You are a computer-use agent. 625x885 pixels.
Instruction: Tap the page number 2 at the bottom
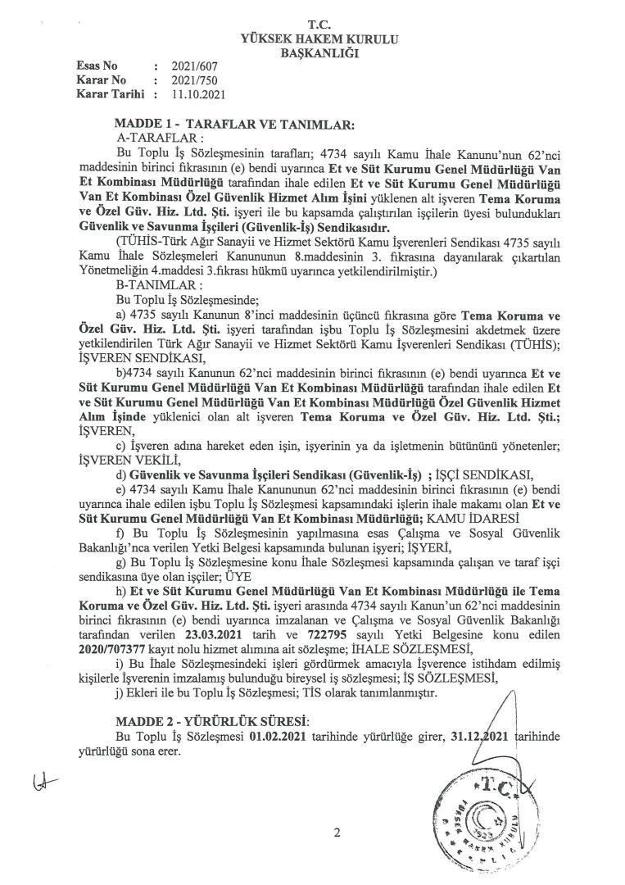pos(336,834)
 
